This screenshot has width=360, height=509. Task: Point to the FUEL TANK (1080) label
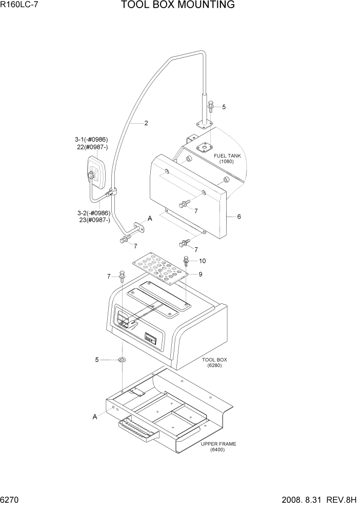[226, 158]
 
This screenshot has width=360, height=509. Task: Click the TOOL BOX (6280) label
[214, 363]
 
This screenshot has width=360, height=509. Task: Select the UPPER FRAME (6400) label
[218, 447]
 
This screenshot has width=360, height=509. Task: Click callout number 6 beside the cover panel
[238, 217]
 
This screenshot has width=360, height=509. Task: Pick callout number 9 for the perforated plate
[201, 275]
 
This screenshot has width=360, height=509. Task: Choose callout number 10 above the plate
[202, 261]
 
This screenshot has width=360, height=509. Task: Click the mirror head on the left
[95, 172]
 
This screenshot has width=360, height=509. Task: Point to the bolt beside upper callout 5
[210, 106]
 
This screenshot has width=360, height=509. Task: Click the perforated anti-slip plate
[159, 267]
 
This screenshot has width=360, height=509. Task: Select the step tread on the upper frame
[139, 429]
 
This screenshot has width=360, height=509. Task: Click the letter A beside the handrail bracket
[150, 219]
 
